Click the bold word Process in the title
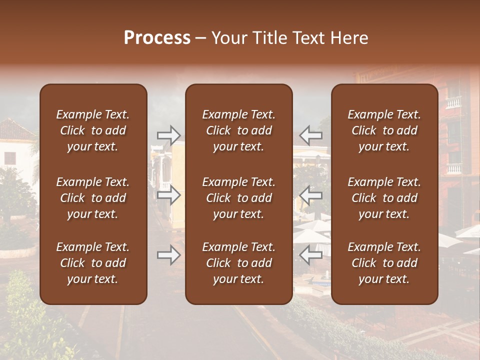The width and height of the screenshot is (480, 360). click(x=157, y=38)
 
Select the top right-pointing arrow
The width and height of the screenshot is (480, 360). click(x=169, y=135)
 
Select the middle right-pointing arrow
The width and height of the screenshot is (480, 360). click(x=169, y=195)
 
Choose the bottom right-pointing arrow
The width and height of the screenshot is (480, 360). click(x=169, y=255)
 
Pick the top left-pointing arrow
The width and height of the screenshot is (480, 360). click(x=311, y=135)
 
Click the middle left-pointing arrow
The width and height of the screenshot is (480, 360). click(x=311, y=195)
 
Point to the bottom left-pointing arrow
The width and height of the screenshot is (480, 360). click(x=311, y=255)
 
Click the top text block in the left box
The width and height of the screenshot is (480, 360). click(x=93, y=130)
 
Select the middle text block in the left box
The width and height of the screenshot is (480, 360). click(x=93, y=198)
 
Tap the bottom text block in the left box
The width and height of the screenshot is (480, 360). click(x=93, y=263)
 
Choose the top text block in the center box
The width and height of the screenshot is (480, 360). click(x=239, y=130)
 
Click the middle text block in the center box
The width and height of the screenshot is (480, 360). click(x=239, y=198)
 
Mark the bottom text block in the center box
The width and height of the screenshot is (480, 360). click(x=239, y=263)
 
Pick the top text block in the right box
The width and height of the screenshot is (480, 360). click(x=384, y=130)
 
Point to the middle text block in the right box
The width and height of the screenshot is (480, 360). click(x=384, y=198)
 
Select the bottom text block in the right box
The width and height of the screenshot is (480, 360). click(x=384, y=263)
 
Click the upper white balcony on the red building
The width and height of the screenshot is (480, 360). click(x=453, y=102)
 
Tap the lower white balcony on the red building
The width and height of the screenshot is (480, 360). click(x=453, y=168)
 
